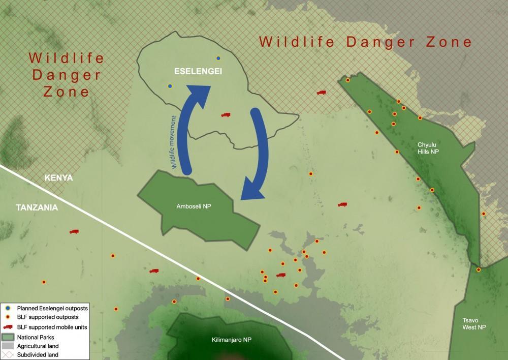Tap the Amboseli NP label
click(x=194, y=206)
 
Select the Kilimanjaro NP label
click(x=232, y=340)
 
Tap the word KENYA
click(x=59, y=178)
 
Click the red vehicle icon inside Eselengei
click(x=226, y=115)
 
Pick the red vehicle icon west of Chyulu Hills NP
click(x=321, y=93)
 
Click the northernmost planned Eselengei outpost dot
click(x=218, y=58)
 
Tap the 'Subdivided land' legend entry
click(x=38, y=354)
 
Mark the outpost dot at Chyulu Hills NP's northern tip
click(x=348, y=80)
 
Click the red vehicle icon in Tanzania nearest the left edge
click(x=74, y=232)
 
